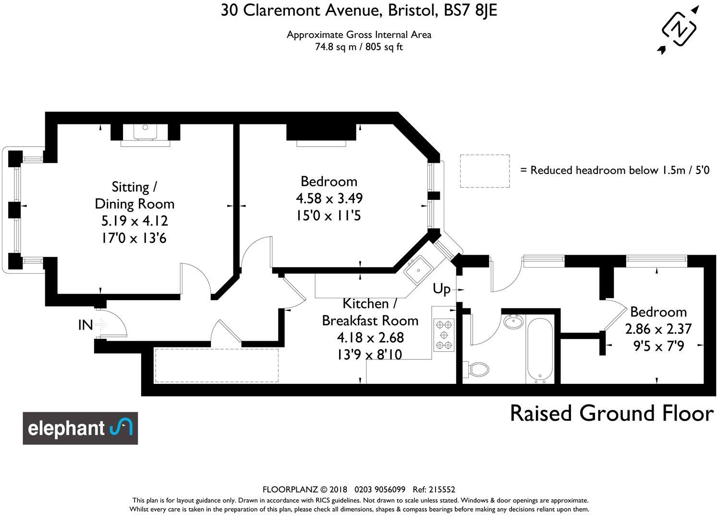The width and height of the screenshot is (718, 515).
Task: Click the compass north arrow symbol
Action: pyautogui.click(x=679, y=29)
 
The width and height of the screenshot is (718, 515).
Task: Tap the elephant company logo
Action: pyautogui.click(x=80, y=428)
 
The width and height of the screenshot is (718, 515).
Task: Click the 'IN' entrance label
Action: pyautogui.click(x=85, y=325)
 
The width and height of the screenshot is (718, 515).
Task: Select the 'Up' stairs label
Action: pyautogui.click(x=441, y=289)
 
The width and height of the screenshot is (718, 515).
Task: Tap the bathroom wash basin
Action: pyautogui.click(x=514, y=321)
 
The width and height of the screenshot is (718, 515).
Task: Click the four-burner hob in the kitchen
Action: pyautogui.click(x=444, y=335)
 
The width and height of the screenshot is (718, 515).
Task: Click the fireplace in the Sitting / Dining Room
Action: pyautogui.click(x=145, y=133)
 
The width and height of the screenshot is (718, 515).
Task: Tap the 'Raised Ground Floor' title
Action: pyautogui.click(x=611, y=414)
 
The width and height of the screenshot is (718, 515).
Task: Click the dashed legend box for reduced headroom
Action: pyautogui.click(x=485, y=171)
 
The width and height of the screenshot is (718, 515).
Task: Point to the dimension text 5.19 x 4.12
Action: pyautogui.click(x=134, y=221)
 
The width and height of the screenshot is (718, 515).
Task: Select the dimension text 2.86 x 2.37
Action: pyautogui.click(x=658, y=329)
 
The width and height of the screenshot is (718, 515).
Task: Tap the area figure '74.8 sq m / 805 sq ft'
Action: pyautogui.click(x=359, y=47)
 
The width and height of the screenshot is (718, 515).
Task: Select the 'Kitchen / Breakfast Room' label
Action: pyautogui.click(x=370, y=312)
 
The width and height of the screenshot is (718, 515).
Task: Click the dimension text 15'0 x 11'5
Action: pyautogui.click(x=329, y=216)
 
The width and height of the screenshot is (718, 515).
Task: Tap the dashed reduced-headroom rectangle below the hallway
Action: pyautogui.click(x=216, y=366)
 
